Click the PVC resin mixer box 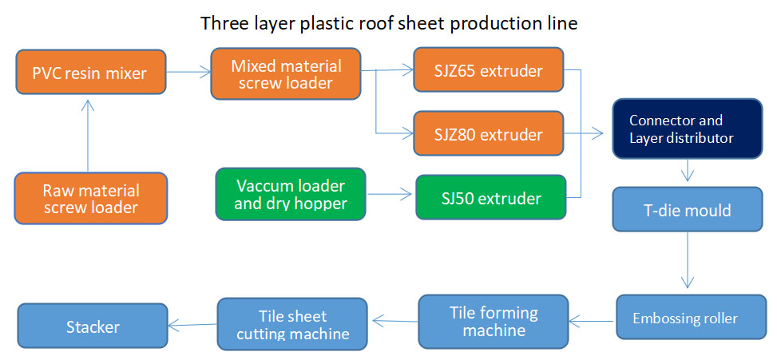[90, 73]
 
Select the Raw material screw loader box [90, 199]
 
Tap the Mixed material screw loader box [286, 74]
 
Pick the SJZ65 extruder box [489, 70]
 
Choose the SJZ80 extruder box [489, 133]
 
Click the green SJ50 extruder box [491, 197]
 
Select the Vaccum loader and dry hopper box [291, 194]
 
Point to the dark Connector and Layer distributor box [687, 129]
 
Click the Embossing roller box [686, 318]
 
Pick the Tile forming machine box [494, 320]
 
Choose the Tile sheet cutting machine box [292, 324]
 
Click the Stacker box [93, 326]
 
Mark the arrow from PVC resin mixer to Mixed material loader [188, 73]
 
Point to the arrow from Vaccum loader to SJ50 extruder [390, 194]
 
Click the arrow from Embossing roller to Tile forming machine [592, 322]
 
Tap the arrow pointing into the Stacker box [192, 324]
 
